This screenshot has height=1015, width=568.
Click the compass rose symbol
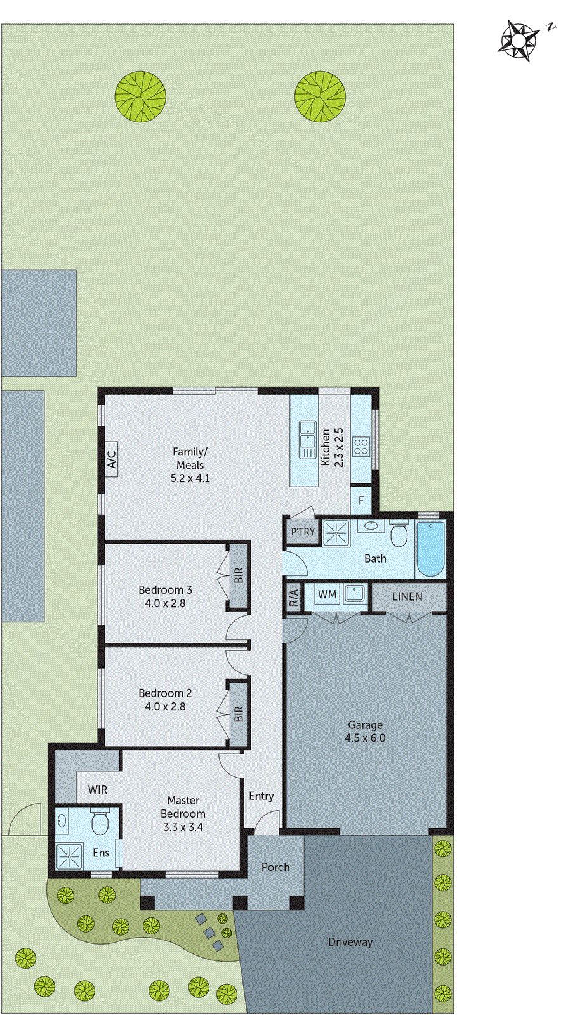pos(518,41)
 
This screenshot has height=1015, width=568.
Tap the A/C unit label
pos(112,459)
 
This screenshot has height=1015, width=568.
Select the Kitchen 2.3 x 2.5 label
pos(331,447)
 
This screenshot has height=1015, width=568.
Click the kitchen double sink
pos(308,439)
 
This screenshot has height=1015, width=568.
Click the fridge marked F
pos(361,501)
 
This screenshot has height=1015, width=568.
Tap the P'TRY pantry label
pos(303,532)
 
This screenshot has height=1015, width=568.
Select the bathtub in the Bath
pos(430,549)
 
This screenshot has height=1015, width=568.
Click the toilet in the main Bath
pos(399,535)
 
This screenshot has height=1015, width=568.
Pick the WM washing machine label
pos(327,594)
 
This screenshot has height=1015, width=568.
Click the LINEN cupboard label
pos(407,596)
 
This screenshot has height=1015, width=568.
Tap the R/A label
pos(293,598)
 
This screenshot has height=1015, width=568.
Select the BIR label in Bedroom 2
pos(239,714)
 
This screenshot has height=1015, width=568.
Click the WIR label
pos(98,790)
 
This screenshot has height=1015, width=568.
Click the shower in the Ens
pos(69,856)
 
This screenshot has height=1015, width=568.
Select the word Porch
pos(275,867)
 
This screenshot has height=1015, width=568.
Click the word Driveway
pos(350,942)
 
